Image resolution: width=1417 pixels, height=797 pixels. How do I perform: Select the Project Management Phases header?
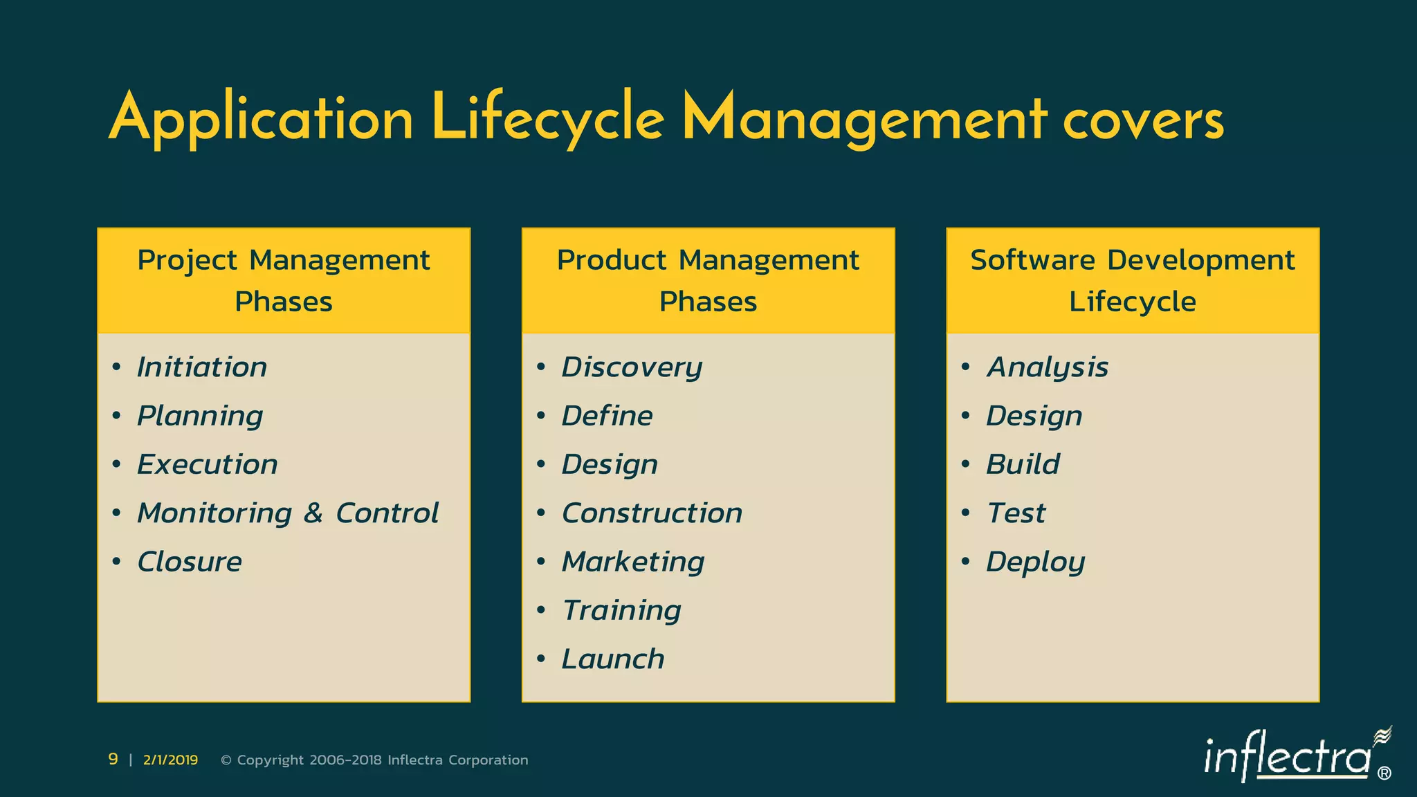284,281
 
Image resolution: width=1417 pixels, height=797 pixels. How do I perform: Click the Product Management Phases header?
708,281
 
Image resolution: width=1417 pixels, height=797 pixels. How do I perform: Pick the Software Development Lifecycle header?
1133,281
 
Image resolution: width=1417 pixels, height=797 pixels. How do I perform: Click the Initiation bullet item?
202,367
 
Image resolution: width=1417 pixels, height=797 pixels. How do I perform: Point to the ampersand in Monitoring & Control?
313,513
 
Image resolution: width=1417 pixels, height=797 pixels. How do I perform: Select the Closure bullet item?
190,562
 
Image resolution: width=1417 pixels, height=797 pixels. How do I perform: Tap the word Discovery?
632,367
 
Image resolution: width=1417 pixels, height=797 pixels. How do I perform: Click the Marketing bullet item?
633,562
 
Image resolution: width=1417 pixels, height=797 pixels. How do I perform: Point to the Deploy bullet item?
1035,562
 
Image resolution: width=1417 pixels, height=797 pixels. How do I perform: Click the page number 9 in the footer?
113,760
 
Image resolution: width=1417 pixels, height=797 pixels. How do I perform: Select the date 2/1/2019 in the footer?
170,760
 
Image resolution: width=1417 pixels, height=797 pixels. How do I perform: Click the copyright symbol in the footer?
226,760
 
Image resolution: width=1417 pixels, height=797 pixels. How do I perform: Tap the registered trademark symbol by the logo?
1384,773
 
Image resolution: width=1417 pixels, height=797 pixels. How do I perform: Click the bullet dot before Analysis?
965,367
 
